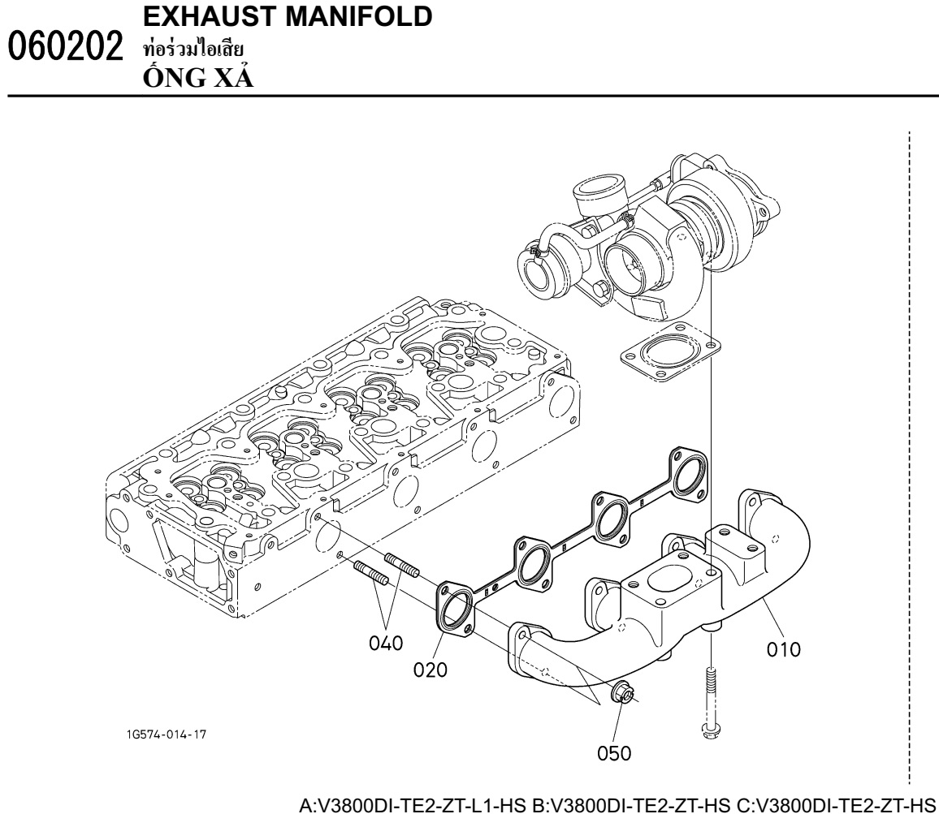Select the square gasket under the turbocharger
670,352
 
